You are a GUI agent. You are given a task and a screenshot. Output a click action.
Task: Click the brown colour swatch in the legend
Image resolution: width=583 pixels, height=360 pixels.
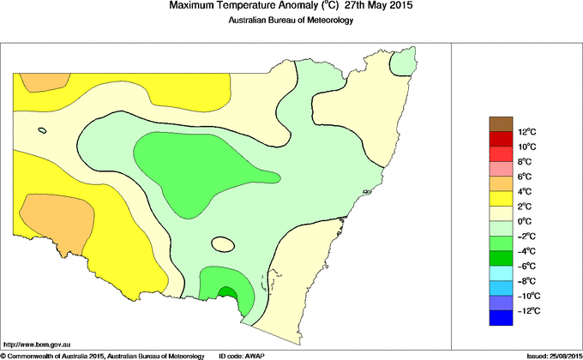click(x=501, y=123)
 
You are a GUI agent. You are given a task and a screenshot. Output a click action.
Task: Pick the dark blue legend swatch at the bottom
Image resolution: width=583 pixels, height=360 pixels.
click(x=501, y=318)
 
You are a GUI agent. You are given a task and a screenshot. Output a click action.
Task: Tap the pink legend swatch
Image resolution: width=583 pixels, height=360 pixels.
click(x=501, y=169)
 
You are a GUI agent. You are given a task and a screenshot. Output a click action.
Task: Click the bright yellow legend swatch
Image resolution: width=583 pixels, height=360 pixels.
click(x=501, y=199)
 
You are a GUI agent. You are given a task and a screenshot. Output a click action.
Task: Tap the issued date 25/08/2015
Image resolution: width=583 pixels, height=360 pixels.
click(x=562, y=356)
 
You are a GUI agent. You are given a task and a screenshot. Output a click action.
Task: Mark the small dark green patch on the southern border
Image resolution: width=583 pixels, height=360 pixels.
click(x=227, y=294)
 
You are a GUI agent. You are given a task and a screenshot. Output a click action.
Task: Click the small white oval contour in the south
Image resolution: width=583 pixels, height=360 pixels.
click(x=223, y=244)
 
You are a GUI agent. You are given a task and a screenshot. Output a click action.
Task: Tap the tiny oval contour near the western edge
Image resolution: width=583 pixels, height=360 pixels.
click(x=42, y=130)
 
